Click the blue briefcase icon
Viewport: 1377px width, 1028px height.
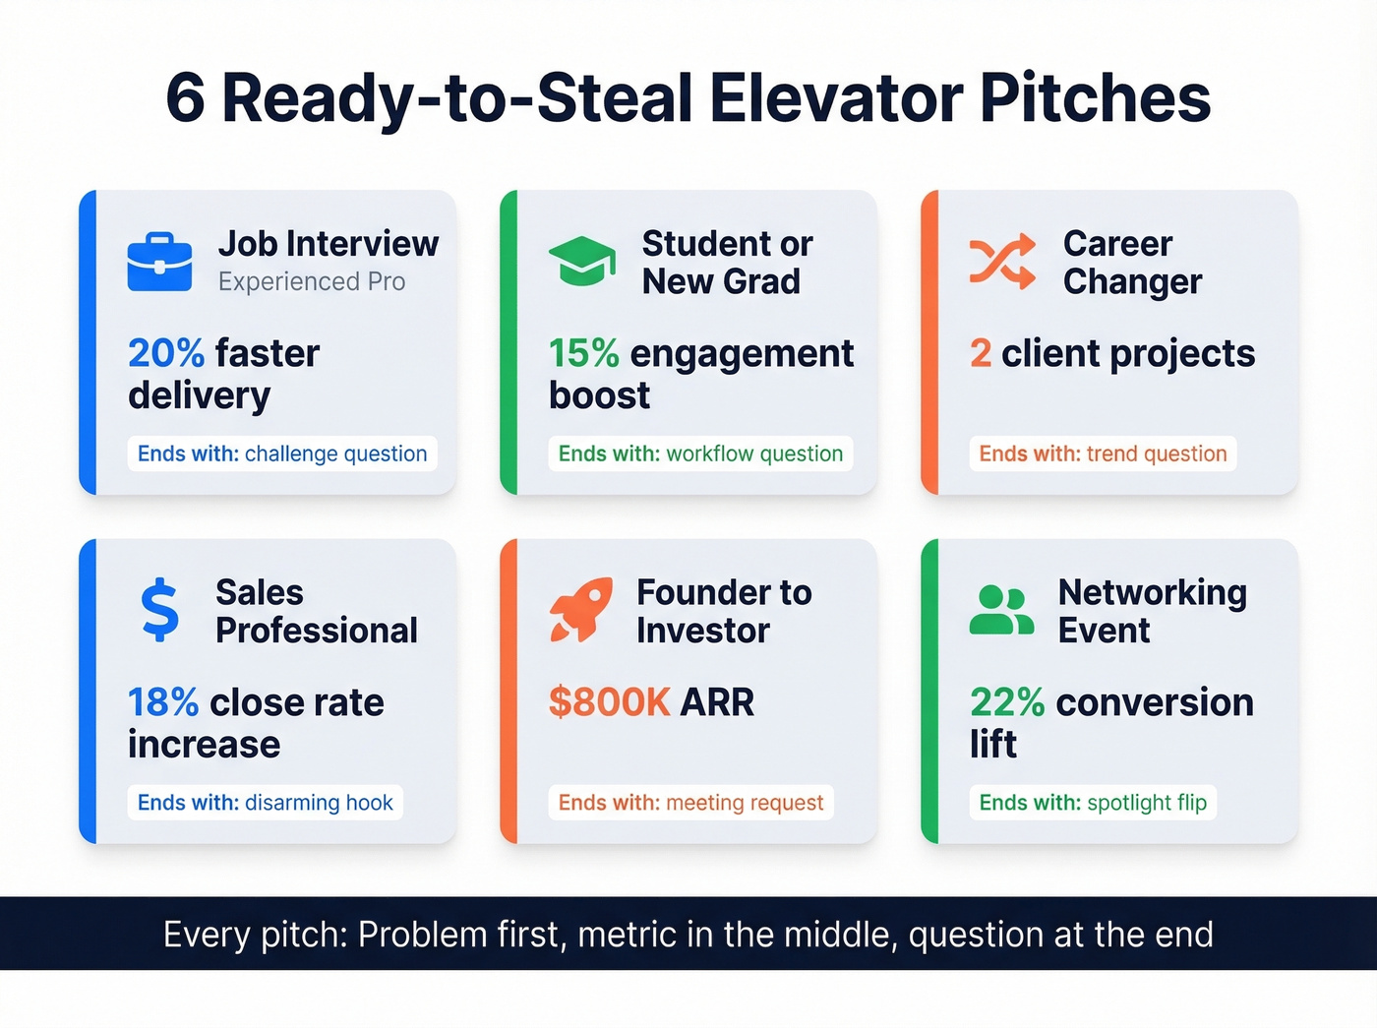[x=159, y=262]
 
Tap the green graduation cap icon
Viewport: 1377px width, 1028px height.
[x=581, y=262]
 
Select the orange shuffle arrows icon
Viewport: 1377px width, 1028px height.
[x=1002, y=262]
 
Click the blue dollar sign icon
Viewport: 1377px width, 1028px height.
[x=159, y=610]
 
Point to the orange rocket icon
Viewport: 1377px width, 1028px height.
[x=580, y=610]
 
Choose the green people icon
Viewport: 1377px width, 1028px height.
[x=1001, y=610]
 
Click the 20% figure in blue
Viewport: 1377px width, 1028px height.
[x=166, y=353]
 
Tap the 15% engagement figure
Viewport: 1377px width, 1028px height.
[x=583, y=353]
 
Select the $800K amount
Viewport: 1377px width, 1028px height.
[x=609, y=702]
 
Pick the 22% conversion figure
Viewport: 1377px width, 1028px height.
[x=1006, y=702]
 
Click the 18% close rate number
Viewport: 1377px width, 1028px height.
[x=163, y=702]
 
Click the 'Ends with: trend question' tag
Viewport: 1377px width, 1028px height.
[x=1103, y=454]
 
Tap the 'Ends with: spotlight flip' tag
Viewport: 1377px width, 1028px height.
[x=1093, y=803]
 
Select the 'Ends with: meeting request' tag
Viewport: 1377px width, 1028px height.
[x=690, y=803]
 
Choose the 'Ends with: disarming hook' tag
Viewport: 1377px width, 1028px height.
[x=265, y=803]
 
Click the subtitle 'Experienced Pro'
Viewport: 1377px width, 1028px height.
[x=312, y=282]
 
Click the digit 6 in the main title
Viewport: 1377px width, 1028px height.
[x=185, y=98]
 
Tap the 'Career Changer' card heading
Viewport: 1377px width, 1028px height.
[x=1131, y=263]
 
